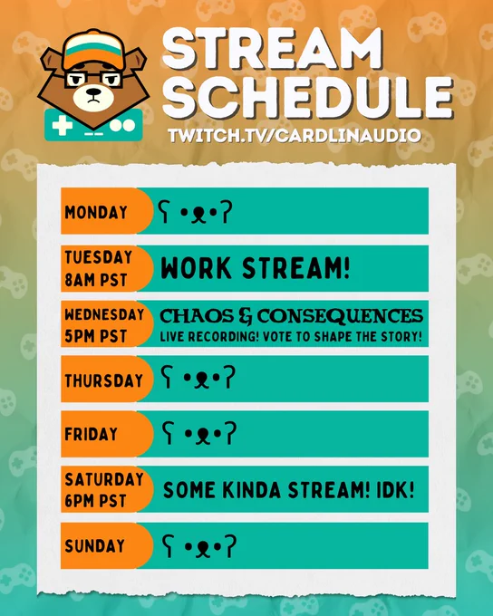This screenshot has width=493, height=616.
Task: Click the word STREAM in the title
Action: [272, 49]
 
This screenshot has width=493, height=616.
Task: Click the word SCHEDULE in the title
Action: [308, 98]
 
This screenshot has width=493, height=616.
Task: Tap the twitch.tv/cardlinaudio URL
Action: [295, 136]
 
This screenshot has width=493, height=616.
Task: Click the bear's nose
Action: [93, 92]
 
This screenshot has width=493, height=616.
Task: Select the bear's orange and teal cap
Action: [94, 49]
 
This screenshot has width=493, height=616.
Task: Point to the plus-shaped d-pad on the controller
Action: [62, 126]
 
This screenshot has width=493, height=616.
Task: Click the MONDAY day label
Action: [96, 212]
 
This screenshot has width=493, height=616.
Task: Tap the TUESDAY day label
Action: [98, 257]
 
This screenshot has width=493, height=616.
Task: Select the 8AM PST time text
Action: [95, 280]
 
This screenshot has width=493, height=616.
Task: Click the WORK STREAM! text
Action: [256, 268]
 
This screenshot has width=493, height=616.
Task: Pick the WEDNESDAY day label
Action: [104, 314]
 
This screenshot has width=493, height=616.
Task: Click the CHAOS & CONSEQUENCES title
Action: [291, 316]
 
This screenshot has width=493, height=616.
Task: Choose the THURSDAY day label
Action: [104, 380]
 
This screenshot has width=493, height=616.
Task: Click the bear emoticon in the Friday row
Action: [199, 433]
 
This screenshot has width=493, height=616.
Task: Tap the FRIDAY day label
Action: [92, 434]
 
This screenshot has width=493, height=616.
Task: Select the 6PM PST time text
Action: [95, 501]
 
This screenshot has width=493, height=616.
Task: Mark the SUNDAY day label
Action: [95, 546]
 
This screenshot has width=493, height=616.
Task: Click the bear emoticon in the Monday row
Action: [195, 212]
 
